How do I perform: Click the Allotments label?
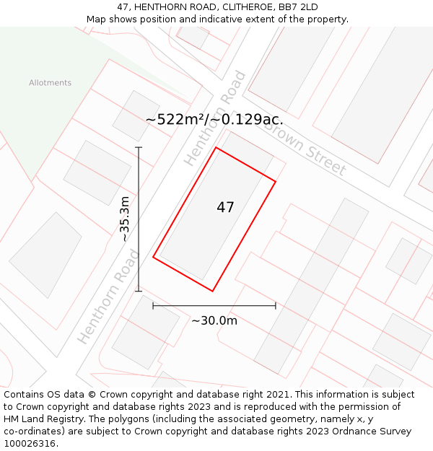[51, 83]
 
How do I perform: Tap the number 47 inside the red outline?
[225, 208]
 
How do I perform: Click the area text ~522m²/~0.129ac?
[214, 120]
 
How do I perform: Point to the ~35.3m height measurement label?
[125, 219]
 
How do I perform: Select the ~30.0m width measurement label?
[214, 321]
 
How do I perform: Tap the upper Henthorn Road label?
[215, 119]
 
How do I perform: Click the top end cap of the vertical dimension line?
[139, 147]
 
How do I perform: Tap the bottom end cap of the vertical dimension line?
[139, 292]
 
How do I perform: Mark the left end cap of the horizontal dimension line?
[153, 306]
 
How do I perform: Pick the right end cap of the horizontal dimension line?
[276, 306]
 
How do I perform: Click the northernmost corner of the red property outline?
[216, 147]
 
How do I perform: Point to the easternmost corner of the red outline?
[276, 180]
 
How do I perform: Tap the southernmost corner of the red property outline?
[212, 291]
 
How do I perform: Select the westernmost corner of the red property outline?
[153, 257]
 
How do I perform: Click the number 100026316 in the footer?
[28, 444]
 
